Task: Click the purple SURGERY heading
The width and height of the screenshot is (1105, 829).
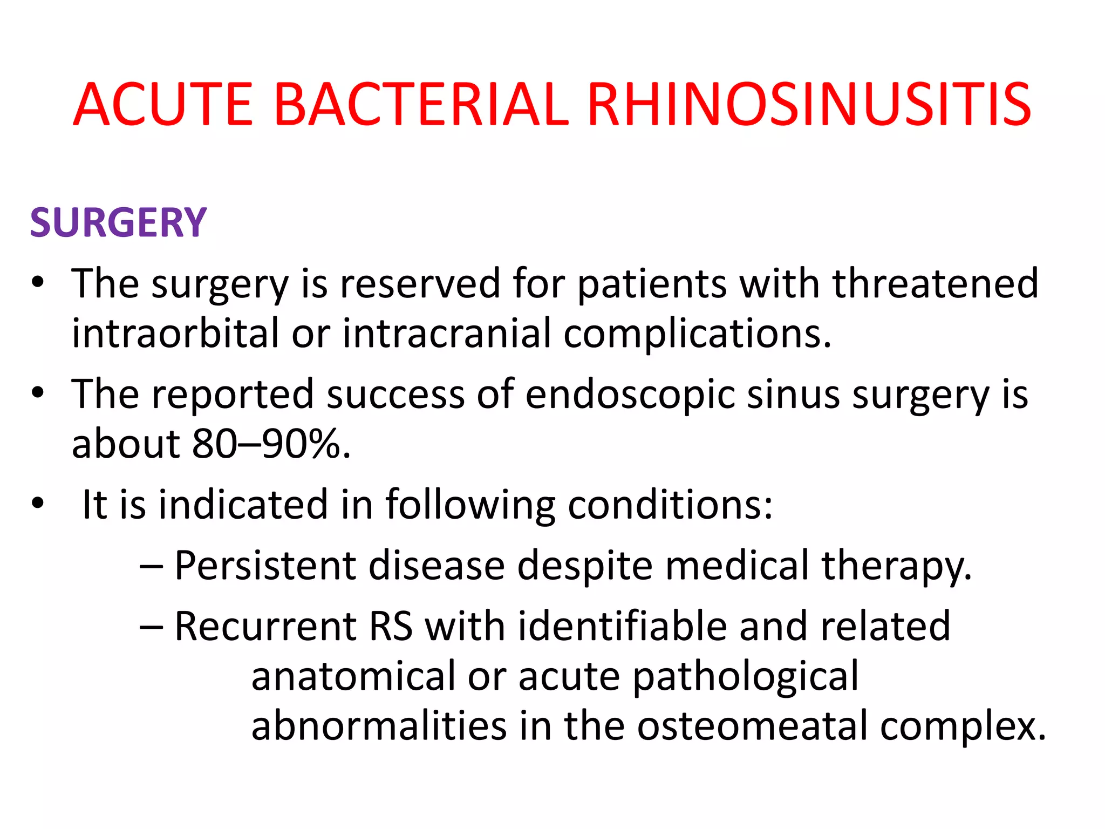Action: coord(118,223)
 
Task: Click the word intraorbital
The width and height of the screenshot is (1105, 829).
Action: coord(175,334)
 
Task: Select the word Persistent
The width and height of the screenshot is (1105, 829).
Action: coord(265,566)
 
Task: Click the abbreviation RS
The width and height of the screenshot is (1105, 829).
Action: coord(391,627)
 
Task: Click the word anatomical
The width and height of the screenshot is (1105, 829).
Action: coord(353,677)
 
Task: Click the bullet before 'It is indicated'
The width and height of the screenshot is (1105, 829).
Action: coord(37,504)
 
